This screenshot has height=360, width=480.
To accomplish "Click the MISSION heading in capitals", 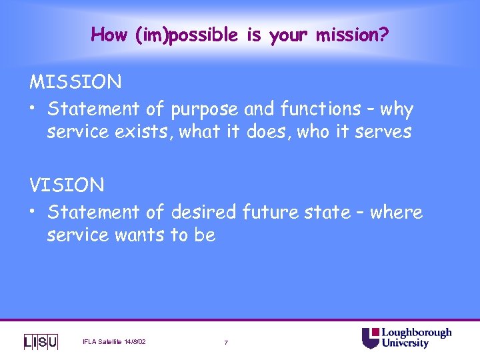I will click(x=75, y=82).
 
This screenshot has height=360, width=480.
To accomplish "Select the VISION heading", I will click(x=67, y=185).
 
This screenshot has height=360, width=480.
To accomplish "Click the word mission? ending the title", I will click(x=351, y=35).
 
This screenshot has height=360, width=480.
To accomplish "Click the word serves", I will click(x=382, y=131).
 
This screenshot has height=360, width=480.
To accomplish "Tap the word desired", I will click(x=203, y=212).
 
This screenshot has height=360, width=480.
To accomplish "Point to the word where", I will click(x=396, y=212).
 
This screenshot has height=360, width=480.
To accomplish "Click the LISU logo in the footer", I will click(x=41, y=342).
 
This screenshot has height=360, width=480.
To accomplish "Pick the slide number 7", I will click(x=226, y=343).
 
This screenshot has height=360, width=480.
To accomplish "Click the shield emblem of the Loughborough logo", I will click(x=370, y=338).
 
